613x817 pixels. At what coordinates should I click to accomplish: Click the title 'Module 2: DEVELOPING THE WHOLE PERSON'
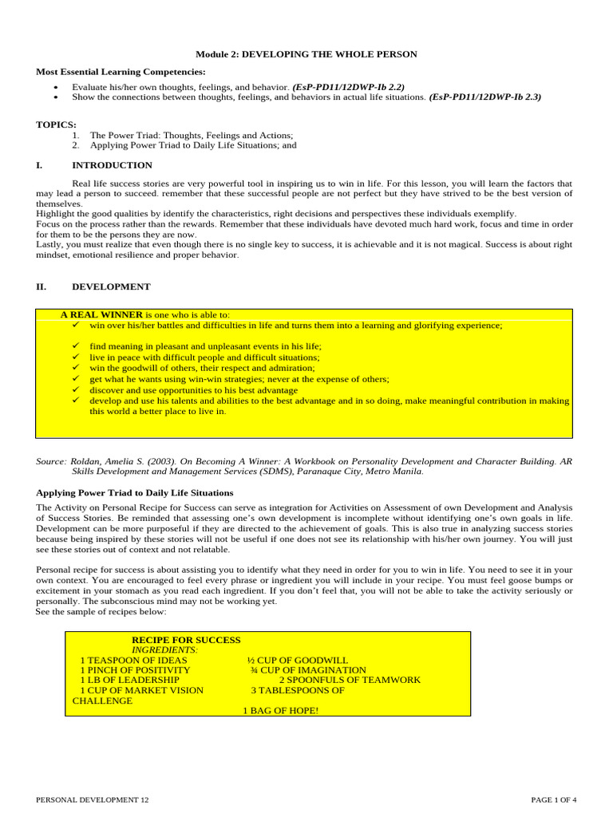tap(306, 54)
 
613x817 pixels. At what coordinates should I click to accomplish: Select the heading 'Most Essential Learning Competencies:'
tap(121, 72)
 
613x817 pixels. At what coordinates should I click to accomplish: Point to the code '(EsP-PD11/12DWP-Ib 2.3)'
tap(484, 97)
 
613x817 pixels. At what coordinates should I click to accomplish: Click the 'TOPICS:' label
tap(56, 124)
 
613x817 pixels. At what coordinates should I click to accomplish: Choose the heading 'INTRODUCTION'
tap(112, 165)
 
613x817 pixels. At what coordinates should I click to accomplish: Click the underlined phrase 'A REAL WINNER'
tap(101, 315)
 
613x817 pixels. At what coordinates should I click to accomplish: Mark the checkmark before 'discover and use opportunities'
tap(76, 390)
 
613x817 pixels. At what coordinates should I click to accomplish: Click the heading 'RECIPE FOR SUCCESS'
tap(186, 640)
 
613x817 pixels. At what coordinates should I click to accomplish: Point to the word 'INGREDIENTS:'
tap(164, 650)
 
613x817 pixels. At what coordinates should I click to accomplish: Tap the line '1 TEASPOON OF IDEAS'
tap(133, 661)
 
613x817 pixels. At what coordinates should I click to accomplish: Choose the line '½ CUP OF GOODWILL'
tap(298, 661)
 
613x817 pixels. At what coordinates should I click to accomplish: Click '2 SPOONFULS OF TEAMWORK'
tap(350, 681)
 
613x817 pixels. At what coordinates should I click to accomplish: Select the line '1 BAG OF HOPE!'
tap(280, 710)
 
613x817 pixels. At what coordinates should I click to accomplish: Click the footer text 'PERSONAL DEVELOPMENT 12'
tap(92, 799)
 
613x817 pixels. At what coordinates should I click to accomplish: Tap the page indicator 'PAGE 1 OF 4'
tap(554, 799)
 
